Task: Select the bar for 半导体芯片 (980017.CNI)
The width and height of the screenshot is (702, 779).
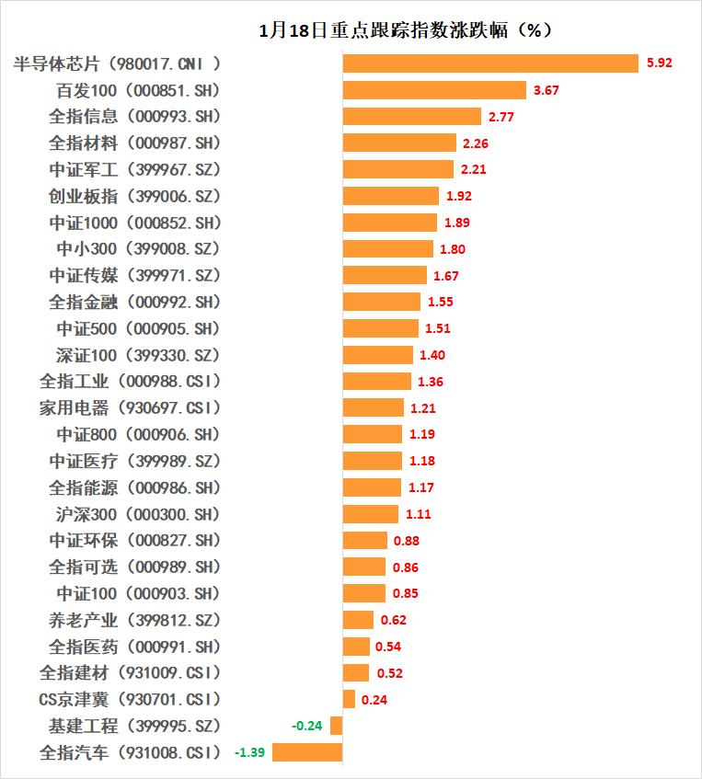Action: [490, 63]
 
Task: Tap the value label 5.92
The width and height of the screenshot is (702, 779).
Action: [660, 63]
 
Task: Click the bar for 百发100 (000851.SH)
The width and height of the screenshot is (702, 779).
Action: [434, 90]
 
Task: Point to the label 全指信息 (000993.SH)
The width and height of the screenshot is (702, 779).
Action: [134, 117]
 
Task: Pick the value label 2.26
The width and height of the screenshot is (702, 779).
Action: [477, 143]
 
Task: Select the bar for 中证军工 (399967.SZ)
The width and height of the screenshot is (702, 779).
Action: [398, 169]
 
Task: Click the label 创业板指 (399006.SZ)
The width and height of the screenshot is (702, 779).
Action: [134, 196]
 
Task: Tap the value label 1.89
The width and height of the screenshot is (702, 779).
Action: [457, 223]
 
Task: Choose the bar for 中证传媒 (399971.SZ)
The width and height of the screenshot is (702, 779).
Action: [385, 275]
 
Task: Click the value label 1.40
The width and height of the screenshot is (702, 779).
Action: [432, 355]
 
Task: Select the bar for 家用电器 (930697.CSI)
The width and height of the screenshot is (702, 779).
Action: [374, 407]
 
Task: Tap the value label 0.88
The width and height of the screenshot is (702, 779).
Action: [406, 541]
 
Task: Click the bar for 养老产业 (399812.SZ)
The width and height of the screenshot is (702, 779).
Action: [358, 620]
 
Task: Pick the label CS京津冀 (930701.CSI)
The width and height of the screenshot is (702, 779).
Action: [130, 699]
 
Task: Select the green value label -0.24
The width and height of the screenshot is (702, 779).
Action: [306, 726]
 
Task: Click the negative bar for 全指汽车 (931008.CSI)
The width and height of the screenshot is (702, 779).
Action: [307, 752]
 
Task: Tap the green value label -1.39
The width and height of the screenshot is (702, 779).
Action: [250, 752]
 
